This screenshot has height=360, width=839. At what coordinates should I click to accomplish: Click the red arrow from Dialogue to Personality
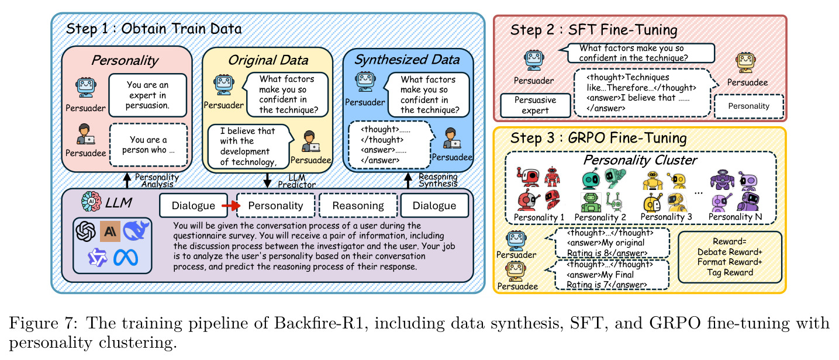click(x=231, y=206)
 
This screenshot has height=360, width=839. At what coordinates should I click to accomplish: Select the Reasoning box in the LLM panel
click(x=358, y=206)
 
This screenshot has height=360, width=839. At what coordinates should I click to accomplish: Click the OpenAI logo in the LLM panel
click(x=86, y=231)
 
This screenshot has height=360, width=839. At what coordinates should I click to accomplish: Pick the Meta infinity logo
click(x=126, y=258)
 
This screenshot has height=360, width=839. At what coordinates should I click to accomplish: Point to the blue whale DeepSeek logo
click(x=136, y=230)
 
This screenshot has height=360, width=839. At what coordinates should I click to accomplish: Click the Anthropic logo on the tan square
click(x=110, y=231)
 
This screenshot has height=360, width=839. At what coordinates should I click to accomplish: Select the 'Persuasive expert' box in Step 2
click(x=535, y=106)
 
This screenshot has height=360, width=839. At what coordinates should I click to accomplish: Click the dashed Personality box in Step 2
click(x=749, y=106)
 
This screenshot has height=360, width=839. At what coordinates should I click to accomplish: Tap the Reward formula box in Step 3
click(x=730, y=257)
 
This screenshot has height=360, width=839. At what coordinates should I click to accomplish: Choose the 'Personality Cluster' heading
click(x=640, y=160)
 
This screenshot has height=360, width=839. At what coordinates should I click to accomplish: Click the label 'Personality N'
click(x=735, y=217)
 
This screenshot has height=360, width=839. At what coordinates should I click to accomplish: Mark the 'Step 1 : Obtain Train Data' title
click(x=154, y=29)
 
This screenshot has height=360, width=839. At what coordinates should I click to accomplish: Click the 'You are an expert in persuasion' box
click(x=147, y=95)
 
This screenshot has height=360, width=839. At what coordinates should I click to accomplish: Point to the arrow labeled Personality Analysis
click(x=127, y=181)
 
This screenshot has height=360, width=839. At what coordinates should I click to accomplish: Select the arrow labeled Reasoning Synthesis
click(x=408, y=181)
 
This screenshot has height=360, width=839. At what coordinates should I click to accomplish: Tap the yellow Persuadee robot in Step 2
click(x=745, y=63)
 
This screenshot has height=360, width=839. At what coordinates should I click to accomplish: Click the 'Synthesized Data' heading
click(x=407, y=60)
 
